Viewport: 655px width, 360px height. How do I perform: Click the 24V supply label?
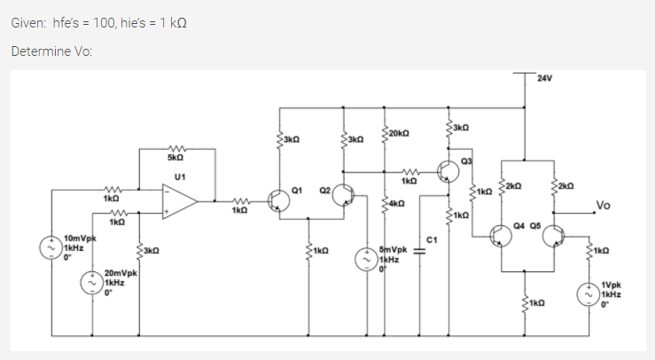click(545, 78)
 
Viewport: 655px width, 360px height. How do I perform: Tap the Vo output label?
click(604, 206)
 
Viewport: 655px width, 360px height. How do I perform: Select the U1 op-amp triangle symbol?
click(181, 201)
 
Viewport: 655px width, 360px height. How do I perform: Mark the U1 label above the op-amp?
click(180, 176)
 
